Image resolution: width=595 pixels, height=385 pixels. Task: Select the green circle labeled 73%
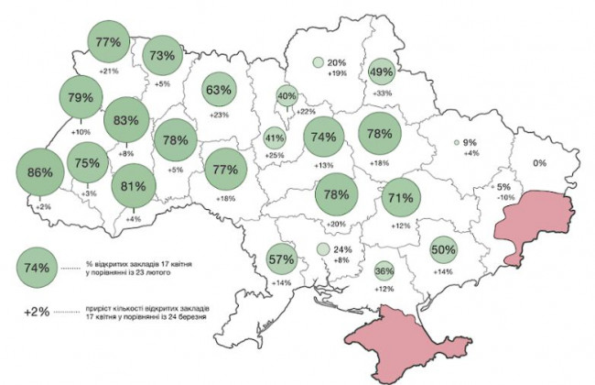coord(162,55)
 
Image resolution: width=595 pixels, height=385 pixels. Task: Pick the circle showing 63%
coord(219,90)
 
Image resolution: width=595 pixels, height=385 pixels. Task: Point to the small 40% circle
coord(287,95)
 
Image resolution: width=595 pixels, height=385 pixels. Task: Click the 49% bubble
coord(381,71)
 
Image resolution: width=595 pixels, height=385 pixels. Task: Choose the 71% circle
coord(398,197)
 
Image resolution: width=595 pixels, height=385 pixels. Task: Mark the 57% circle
coord(281,258)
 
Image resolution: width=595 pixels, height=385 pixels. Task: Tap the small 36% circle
coord(384,271)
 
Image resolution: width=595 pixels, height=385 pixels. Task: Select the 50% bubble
coord(443,249)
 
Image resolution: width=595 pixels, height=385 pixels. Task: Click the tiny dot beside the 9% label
coord(456,143)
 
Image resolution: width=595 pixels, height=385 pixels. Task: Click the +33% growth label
coord(382,93)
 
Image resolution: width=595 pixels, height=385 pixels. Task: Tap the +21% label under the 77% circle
coord(109,71)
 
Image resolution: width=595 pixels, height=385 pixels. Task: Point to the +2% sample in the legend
coord(38,312)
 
